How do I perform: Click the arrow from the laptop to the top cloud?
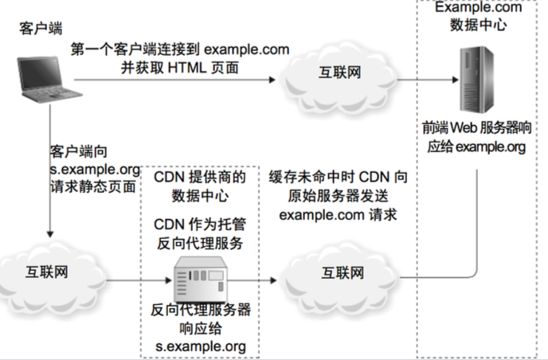pos(175,80)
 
